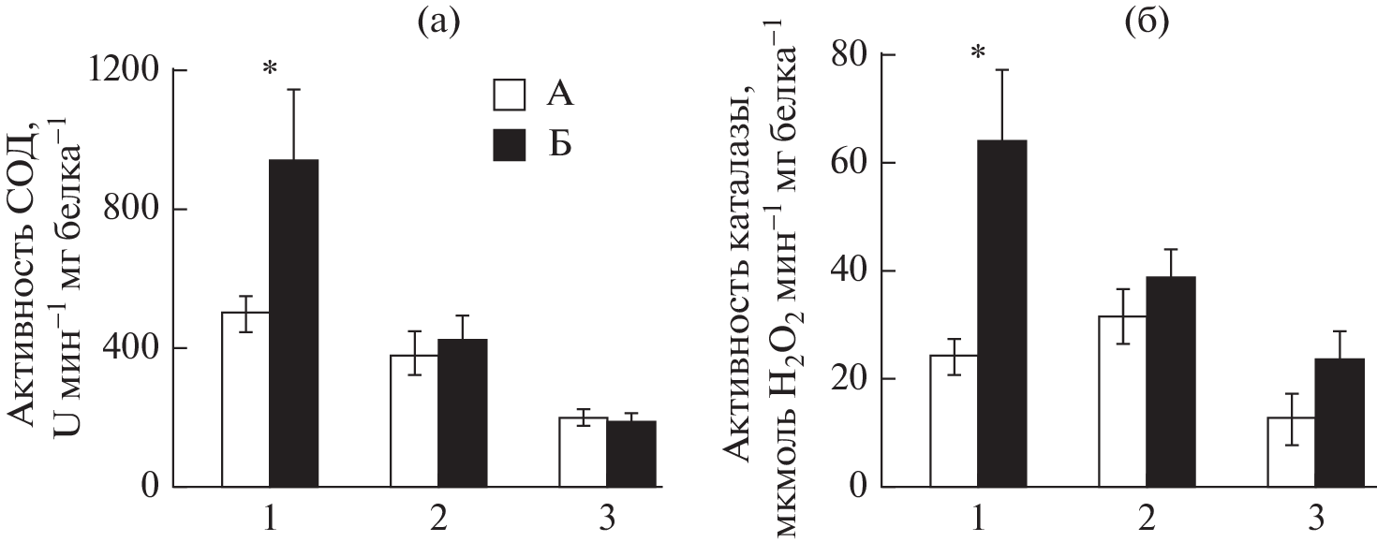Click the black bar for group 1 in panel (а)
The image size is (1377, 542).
click(x=293, y=323)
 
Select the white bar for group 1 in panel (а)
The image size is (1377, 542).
click(x=245, y=400)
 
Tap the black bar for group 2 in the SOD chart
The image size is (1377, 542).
click(x=462, y=413)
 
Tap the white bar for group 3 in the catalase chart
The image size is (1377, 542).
click(x=1292, y=452)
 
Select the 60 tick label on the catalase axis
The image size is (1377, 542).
click(x=851, y=163)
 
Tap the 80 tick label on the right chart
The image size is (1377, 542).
click(x=851, y=55)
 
